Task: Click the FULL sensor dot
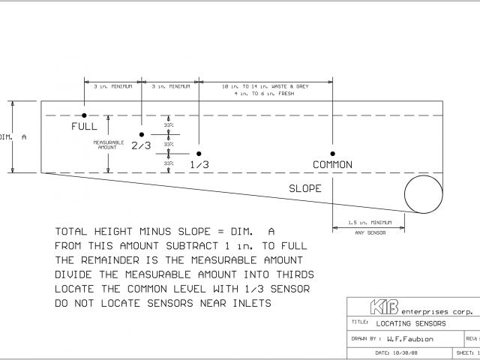pos(85,115)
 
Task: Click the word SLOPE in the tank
pos(305,188)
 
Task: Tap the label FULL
pos(85,126)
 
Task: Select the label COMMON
pos(332,165)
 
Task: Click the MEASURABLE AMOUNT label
pos(107,145)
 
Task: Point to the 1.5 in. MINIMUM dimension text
pos(370,222)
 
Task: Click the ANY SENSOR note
pos(370,233)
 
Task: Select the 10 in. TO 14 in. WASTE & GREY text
pos(265,87)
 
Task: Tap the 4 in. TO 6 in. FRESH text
pos(265,94)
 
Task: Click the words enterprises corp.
pos(436,310)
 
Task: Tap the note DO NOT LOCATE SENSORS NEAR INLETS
pos(163,303)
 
